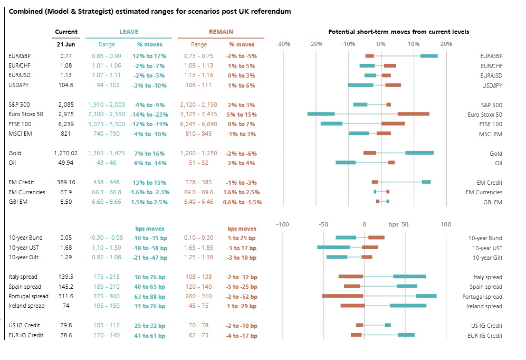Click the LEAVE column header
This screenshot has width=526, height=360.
[129, 32]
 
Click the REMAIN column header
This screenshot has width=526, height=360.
[221, 32]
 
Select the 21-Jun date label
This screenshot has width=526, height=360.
[66, 44]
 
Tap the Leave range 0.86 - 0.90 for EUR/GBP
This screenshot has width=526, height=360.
[106, 56]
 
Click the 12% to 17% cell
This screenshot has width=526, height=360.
[149, 56]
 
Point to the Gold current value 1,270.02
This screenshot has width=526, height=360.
[65, 153]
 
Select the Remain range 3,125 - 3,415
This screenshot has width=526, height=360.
[198, 114]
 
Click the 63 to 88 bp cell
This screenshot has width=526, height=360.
[149, 297]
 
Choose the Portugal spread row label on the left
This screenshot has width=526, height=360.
[28, 297]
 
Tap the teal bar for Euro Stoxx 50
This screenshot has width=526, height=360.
[321, 114]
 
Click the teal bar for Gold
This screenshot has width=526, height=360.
[419, 153]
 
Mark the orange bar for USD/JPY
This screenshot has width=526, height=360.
[393, 85]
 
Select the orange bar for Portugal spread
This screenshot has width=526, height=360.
[342, 296]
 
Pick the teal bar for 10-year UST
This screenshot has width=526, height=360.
[333, 247]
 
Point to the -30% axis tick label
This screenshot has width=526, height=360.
[283, 44]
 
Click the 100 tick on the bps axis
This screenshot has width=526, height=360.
[446, 224]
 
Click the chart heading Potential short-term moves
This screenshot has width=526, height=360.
[398, 32]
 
